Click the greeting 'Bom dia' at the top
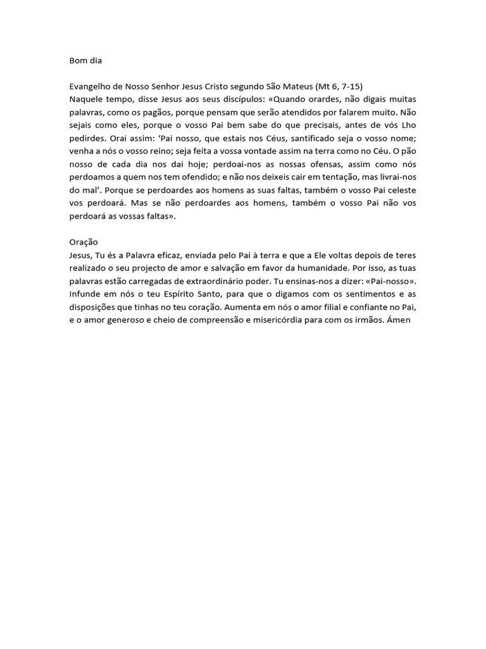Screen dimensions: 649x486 [85, 61]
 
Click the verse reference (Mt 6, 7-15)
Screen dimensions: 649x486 [342, 87]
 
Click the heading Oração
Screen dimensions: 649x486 [84, 242]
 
